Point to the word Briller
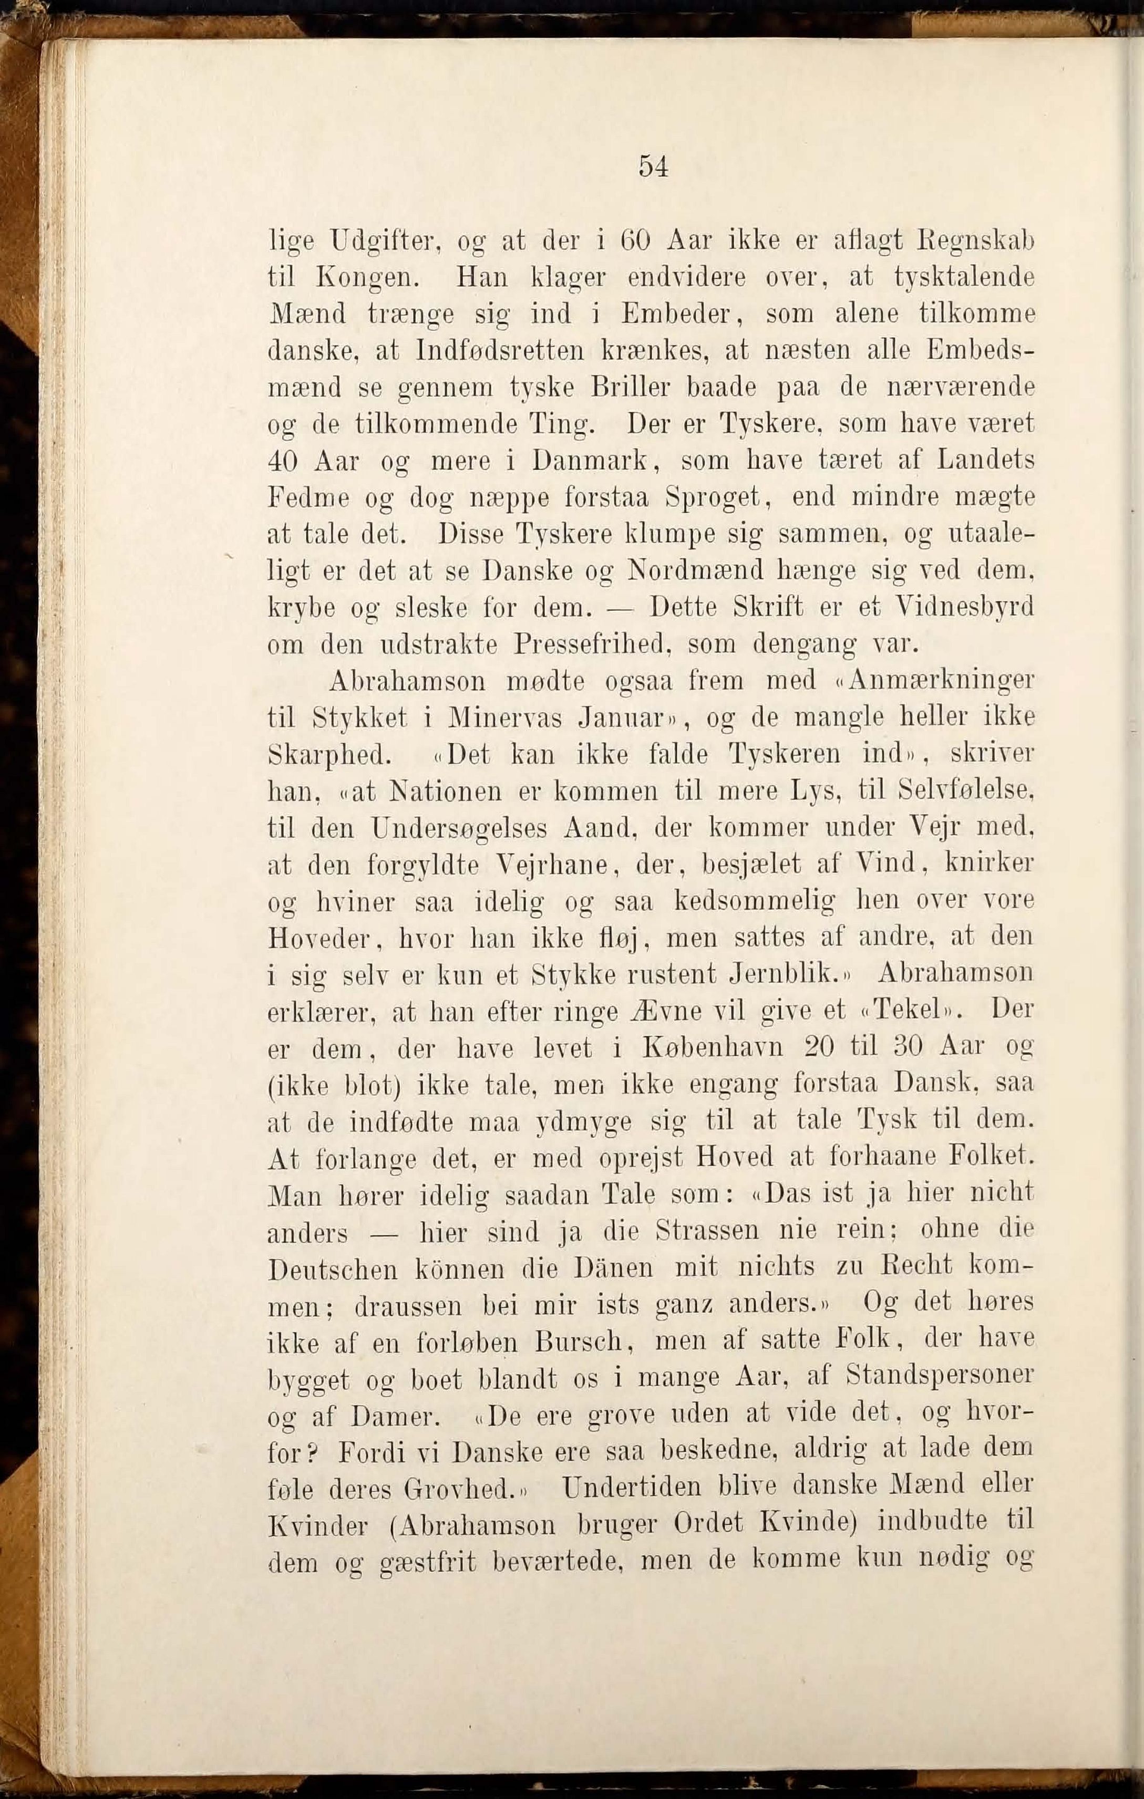pyautogui.click(x=634, y=388)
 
